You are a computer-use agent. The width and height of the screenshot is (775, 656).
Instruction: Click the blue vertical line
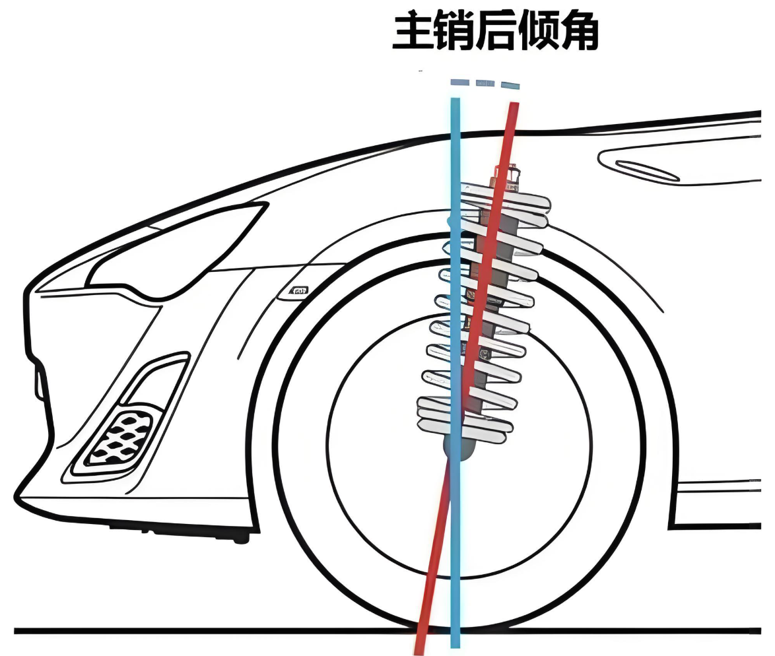tap(455, 561)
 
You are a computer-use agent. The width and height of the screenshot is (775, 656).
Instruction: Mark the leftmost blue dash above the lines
tap(459, 82)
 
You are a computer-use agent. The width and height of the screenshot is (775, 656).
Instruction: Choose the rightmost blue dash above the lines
tap(510, 84)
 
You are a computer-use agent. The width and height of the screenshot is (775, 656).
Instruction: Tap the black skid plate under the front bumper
tap(178, 530)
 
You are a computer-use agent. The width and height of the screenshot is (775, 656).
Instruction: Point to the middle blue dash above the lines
tap(485, 83)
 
